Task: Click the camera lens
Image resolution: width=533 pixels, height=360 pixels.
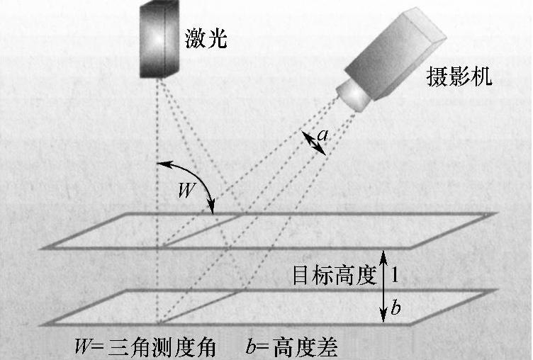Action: point(352,94)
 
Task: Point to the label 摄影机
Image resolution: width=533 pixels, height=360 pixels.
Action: point(460,76)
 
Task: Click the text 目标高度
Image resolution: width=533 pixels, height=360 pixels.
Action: point(333,276)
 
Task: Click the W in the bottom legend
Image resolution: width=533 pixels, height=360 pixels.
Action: point(82,347)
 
